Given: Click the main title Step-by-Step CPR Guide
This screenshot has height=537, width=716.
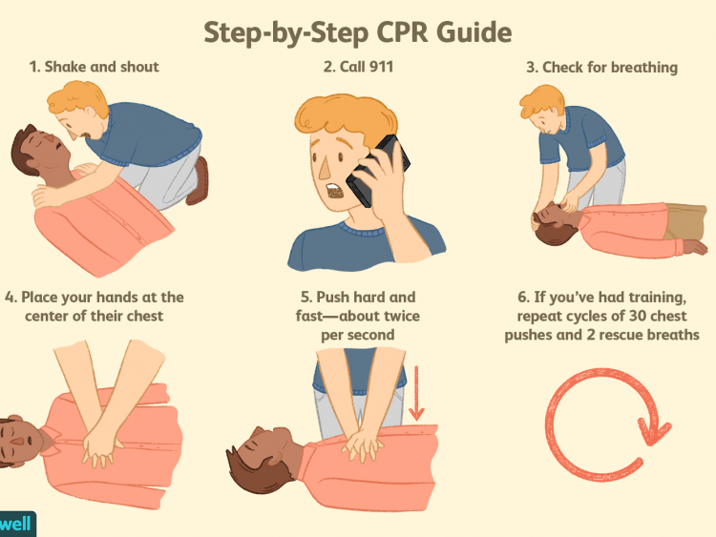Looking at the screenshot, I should tap(357, 31).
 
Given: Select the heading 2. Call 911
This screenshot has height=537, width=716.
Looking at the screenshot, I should tap(358, 67).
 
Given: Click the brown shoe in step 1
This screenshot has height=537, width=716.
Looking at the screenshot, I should tap(199, 181).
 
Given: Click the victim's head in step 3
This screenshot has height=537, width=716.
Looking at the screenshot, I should tap(551, 227).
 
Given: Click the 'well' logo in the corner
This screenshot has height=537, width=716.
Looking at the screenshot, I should tap(15, 523).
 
